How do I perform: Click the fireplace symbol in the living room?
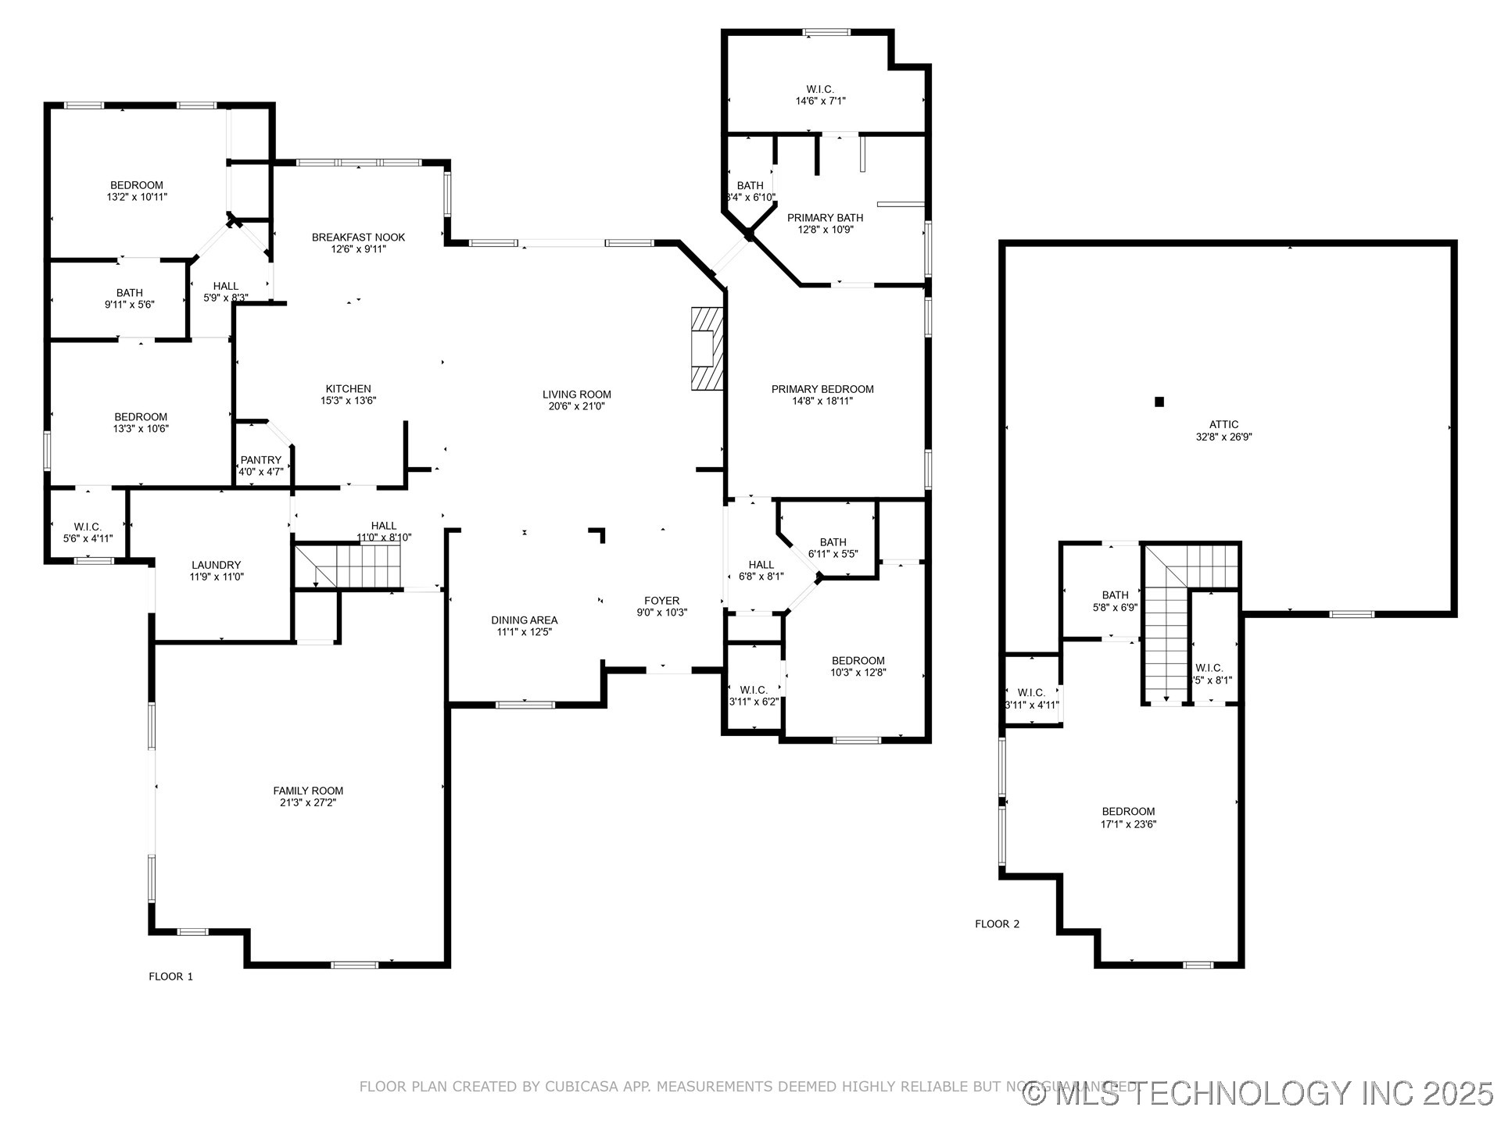point(707,348)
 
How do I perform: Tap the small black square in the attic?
point(1159,402)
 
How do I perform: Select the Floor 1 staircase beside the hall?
point(348,566)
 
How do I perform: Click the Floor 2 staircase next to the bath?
point(1166,641)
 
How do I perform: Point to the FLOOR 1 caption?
point(170,977)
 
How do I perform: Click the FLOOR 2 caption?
point(997,924)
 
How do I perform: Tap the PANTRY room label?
point(260,460)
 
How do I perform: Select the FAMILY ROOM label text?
point(308,791)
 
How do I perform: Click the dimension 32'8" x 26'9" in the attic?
point(1223,437)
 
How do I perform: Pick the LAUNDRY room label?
point(216,565)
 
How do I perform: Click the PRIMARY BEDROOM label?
point(822,389)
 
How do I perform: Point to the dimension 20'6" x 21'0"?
point(577,406)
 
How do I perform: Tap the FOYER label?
point(661,601)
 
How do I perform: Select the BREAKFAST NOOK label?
point(358,237)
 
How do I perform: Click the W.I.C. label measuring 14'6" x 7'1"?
point(820,90)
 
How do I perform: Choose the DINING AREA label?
point(524,620)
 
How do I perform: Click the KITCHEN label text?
point(348,389)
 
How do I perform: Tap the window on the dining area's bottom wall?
point(525,705)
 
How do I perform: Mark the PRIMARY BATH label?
point(825,218)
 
